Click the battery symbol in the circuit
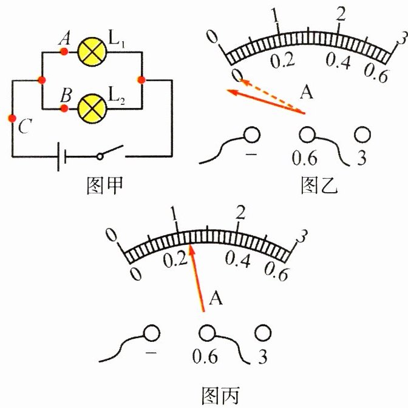60,156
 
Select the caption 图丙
220,396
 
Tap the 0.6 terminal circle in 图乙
307,135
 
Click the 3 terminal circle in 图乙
362,135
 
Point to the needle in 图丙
197,279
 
